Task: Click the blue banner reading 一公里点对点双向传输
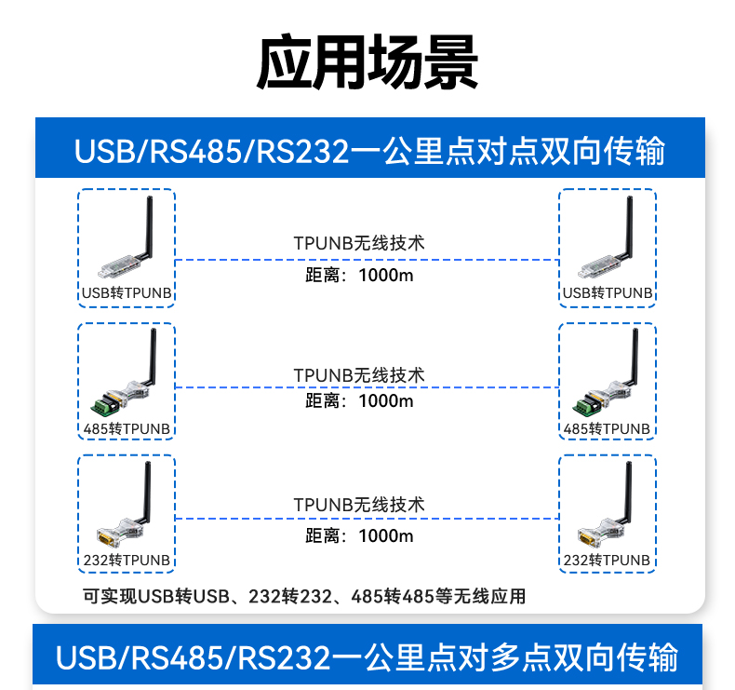tap(369, 151)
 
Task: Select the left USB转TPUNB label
tap(127, 293)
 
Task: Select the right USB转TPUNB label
tap(608, 293)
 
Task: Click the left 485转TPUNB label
tap(127, 428)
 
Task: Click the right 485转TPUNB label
tap(608, 428)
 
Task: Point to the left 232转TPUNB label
tap(127, 560)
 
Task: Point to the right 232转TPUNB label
tap(608, 560)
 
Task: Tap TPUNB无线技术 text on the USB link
tap(359, 243)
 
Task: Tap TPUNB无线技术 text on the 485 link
tap(359, 374)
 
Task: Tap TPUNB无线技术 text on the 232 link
tap(359, 505)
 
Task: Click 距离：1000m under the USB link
tap(359, 276)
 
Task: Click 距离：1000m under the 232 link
tap(359, 535)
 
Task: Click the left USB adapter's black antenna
tap(147, 228)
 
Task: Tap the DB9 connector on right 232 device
tap(588, 536)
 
